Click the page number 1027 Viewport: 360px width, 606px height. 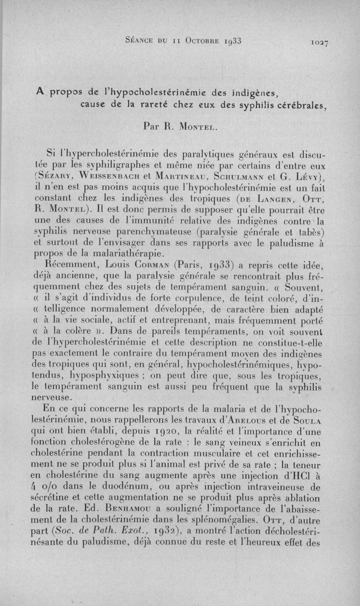[317, 43]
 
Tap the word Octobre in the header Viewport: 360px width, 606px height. [200, 41]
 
